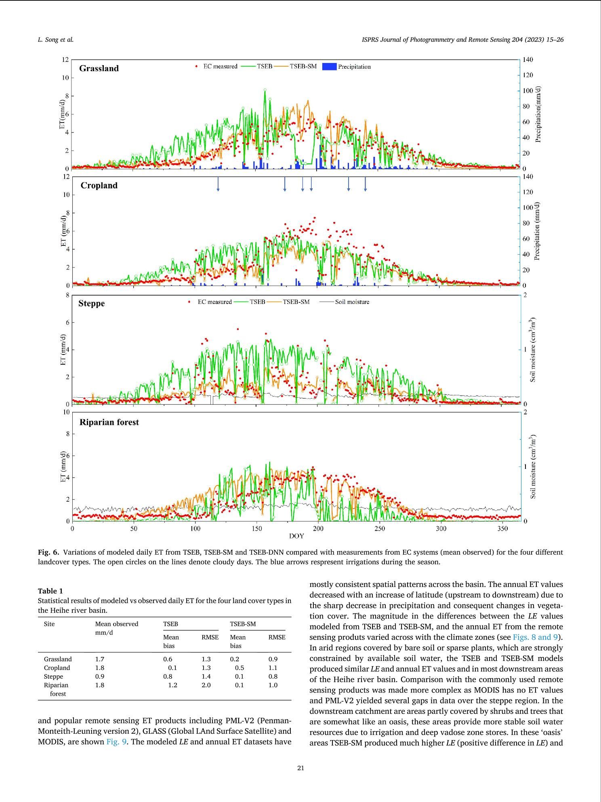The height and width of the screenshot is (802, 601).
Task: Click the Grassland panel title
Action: tap(99, 68)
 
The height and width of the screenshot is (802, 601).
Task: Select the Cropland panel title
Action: tap(99, 186)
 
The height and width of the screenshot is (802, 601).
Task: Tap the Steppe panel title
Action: tap(91, 303)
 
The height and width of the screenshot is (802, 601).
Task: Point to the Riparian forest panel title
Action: tap(109, 422)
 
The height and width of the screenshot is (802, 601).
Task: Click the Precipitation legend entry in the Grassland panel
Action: tap(354, 67)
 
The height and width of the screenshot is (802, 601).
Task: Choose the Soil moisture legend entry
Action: tap(352, 302)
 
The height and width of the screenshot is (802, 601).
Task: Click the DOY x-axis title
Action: tap(296, 536)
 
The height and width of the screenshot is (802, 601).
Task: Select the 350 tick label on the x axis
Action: tap(502, 528)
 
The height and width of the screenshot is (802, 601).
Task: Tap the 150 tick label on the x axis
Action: tap(256, 528)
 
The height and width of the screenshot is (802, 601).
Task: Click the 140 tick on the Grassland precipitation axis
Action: tap(528, 60)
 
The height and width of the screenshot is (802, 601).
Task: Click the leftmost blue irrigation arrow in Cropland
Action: tap(218, 184)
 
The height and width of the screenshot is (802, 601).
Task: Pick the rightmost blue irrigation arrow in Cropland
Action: tap(365, 184)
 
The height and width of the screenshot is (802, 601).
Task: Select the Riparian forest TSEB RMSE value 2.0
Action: tap(206, 685)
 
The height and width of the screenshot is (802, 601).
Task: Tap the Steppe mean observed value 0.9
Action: tap(99, 676)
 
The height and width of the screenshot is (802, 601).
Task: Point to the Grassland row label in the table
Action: tap(58, 659)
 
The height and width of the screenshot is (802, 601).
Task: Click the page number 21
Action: tap(300, 768)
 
